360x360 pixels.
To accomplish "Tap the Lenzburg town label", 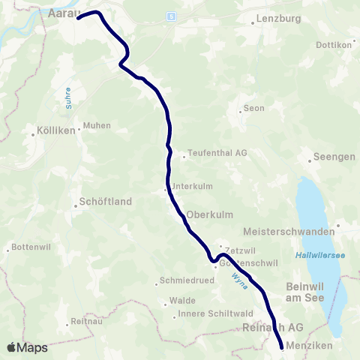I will coord(273,17).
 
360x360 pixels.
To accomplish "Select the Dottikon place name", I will coord(334,44).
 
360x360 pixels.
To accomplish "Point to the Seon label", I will coord(253,108).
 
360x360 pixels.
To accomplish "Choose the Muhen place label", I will coord(97,125).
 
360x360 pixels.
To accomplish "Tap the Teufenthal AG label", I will coord(217,152).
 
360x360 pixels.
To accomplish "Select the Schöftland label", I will coord(106,202).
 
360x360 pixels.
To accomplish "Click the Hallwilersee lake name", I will coord(321,256).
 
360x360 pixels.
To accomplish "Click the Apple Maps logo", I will coord(28,347).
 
